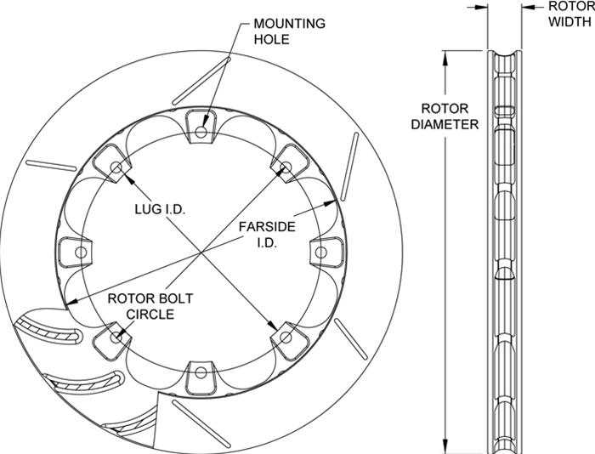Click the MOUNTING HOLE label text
289,31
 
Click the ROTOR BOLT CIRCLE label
150,306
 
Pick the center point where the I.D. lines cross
201,253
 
